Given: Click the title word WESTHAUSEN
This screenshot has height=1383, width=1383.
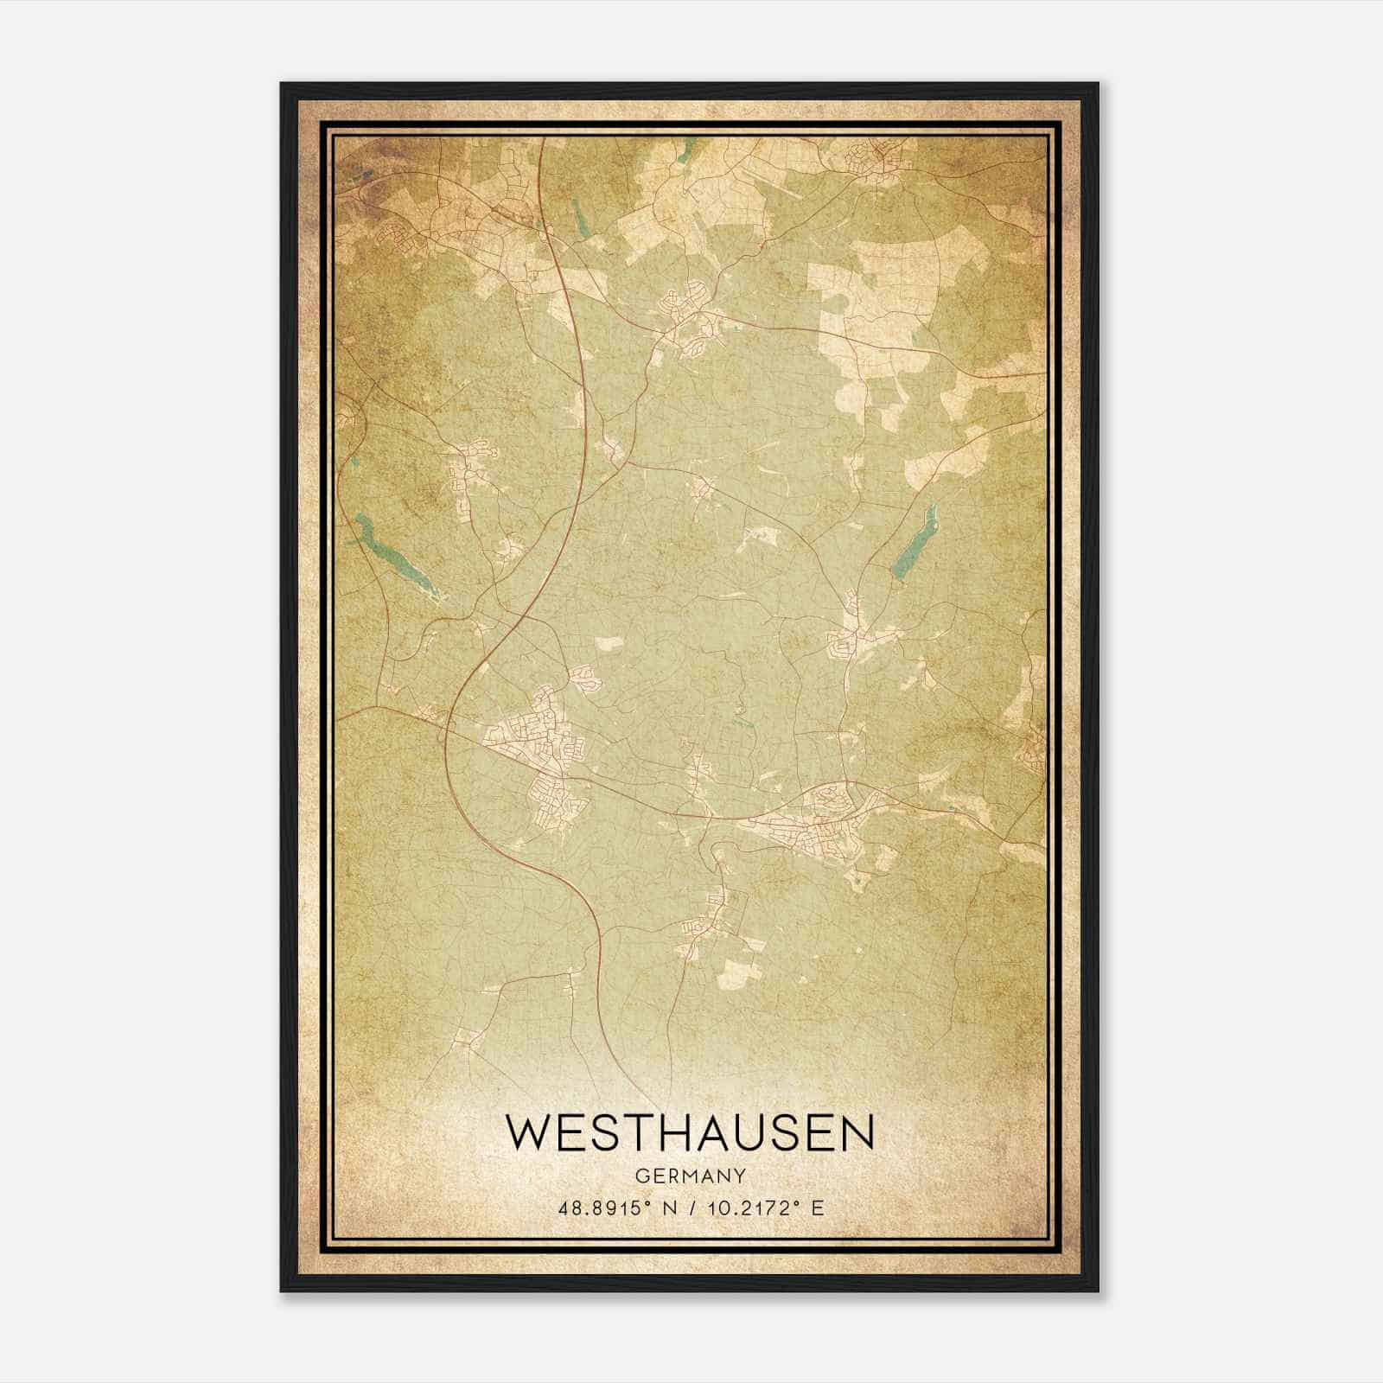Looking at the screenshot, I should (x=690, y=1133).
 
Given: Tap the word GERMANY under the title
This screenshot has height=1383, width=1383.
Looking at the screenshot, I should (x=690, y=1176).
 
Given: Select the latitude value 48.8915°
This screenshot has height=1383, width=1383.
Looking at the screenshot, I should (x=602, y=1208).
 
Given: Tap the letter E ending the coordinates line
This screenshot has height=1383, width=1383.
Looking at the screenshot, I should (x=817, y=1208).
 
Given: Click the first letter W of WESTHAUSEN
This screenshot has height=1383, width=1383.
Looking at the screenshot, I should (x=529, y=1133).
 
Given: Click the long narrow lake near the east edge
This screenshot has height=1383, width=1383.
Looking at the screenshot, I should (x=915, y=543).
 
